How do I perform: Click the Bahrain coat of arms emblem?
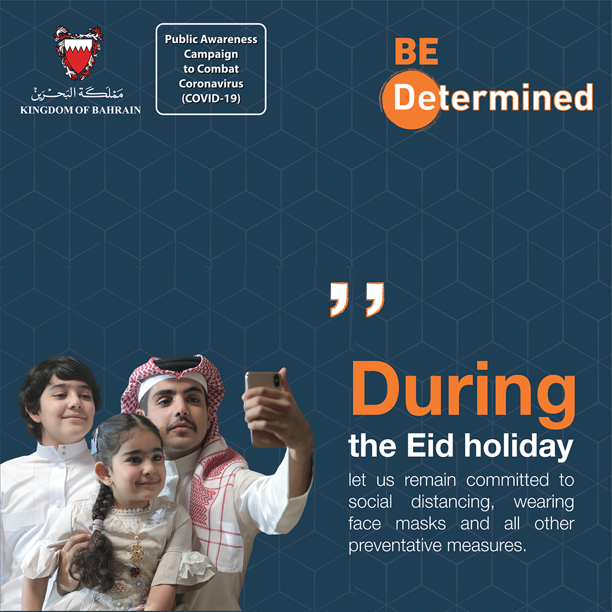tap(78, 52)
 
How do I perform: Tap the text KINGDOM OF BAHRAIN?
tap(80, 110)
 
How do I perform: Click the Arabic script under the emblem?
tap(77, 93)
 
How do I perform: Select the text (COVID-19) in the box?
tap(211, 99)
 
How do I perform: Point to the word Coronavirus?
tap(211, 83)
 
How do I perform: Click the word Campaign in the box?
tap(211, 54)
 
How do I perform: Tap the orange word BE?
tap(416, 52)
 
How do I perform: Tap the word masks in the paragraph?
tap(420, 524)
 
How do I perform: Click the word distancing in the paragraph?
tap(452, 502)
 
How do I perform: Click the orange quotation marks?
tap(357, 299)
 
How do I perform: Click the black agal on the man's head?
tap(177, 363)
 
